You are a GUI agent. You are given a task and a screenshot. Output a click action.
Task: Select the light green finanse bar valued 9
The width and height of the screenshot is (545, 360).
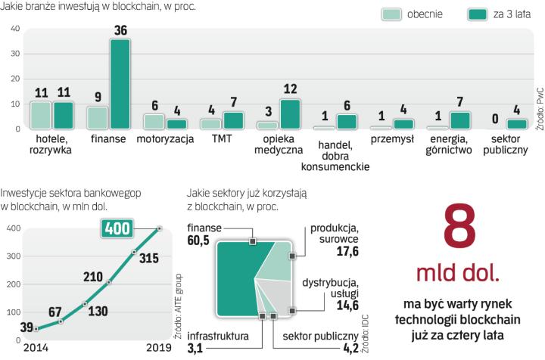pyautogui.click(x=98, y=117)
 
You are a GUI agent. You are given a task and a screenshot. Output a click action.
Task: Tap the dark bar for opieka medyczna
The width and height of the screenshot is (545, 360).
pyautogui.click(x=290, y=113)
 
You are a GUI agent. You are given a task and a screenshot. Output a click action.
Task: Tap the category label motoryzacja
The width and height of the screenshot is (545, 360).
pyautogui.click(x=164, y=140)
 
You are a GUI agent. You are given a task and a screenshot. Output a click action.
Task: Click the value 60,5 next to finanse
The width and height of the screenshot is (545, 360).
pyautogui.click(x=199, y=241)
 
